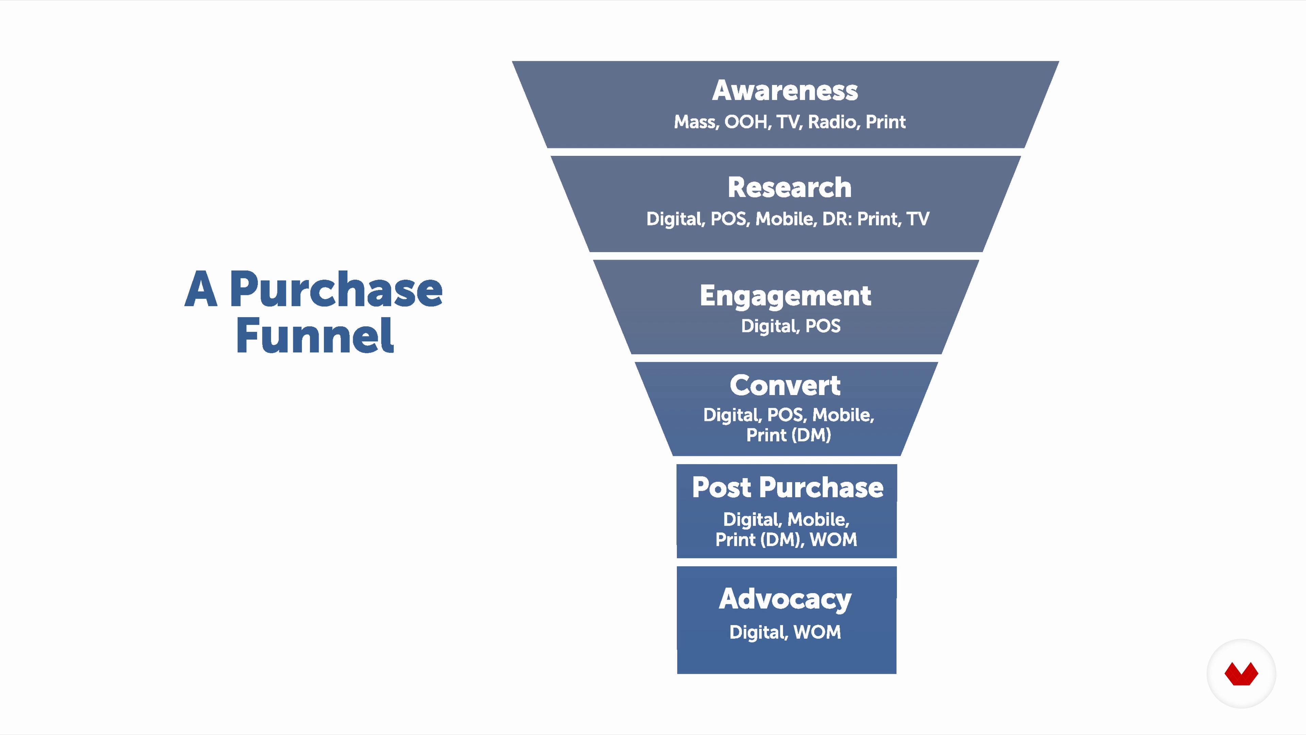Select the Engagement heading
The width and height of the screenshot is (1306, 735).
785,296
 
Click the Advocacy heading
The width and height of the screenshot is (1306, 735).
785,600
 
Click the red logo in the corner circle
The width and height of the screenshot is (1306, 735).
1241,674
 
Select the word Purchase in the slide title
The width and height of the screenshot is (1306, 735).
336,289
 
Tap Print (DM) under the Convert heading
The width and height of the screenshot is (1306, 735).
788,435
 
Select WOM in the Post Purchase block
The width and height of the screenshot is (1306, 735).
834,539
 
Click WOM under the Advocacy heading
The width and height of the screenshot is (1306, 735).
817,632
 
